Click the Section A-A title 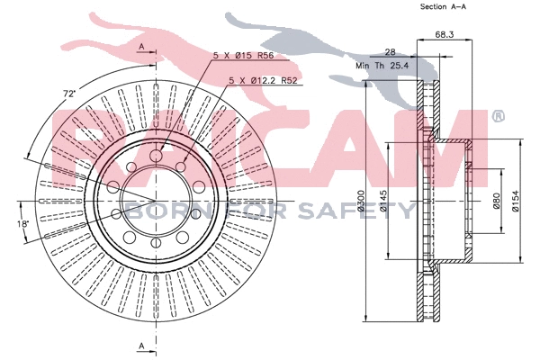pos(443,6)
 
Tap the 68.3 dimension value pos(445,34)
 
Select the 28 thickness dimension pos(390,52)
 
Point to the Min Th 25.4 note pos(382,65)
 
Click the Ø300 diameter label pos(361,200)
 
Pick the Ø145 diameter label pos(383,200)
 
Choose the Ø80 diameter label pos(496,201)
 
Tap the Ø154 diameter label pos(515,201)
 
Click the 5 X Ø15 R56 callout pos(243,55)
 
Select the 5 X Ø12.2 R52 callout pos(263,81)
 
